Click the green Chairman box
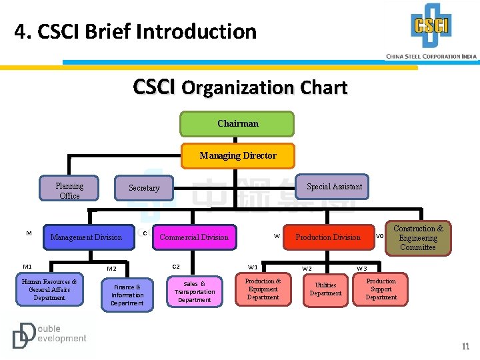click(x=237, y=124)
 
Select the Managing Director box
click(x=238, y=156)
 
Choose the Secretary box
click(x=144, y=188)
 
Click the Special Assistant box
click(x=334, y=187)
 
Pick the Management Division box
click(x=86, y=237)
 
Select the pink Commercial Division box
click(x=194, y=237)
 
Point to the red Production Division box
click(x=328, y=237)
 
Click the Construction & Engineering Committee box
click(x=418, y=238)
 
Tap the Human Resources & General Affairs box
click(x=49, y=290)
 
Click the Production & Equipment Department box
click(x=263, y=289)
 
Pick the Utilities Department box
click(x=325, y=289)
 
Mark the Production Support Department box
click(x=381, y=289)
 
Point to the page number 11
click(x=465, y=347)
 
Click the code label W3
click(x=362, y=269)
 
